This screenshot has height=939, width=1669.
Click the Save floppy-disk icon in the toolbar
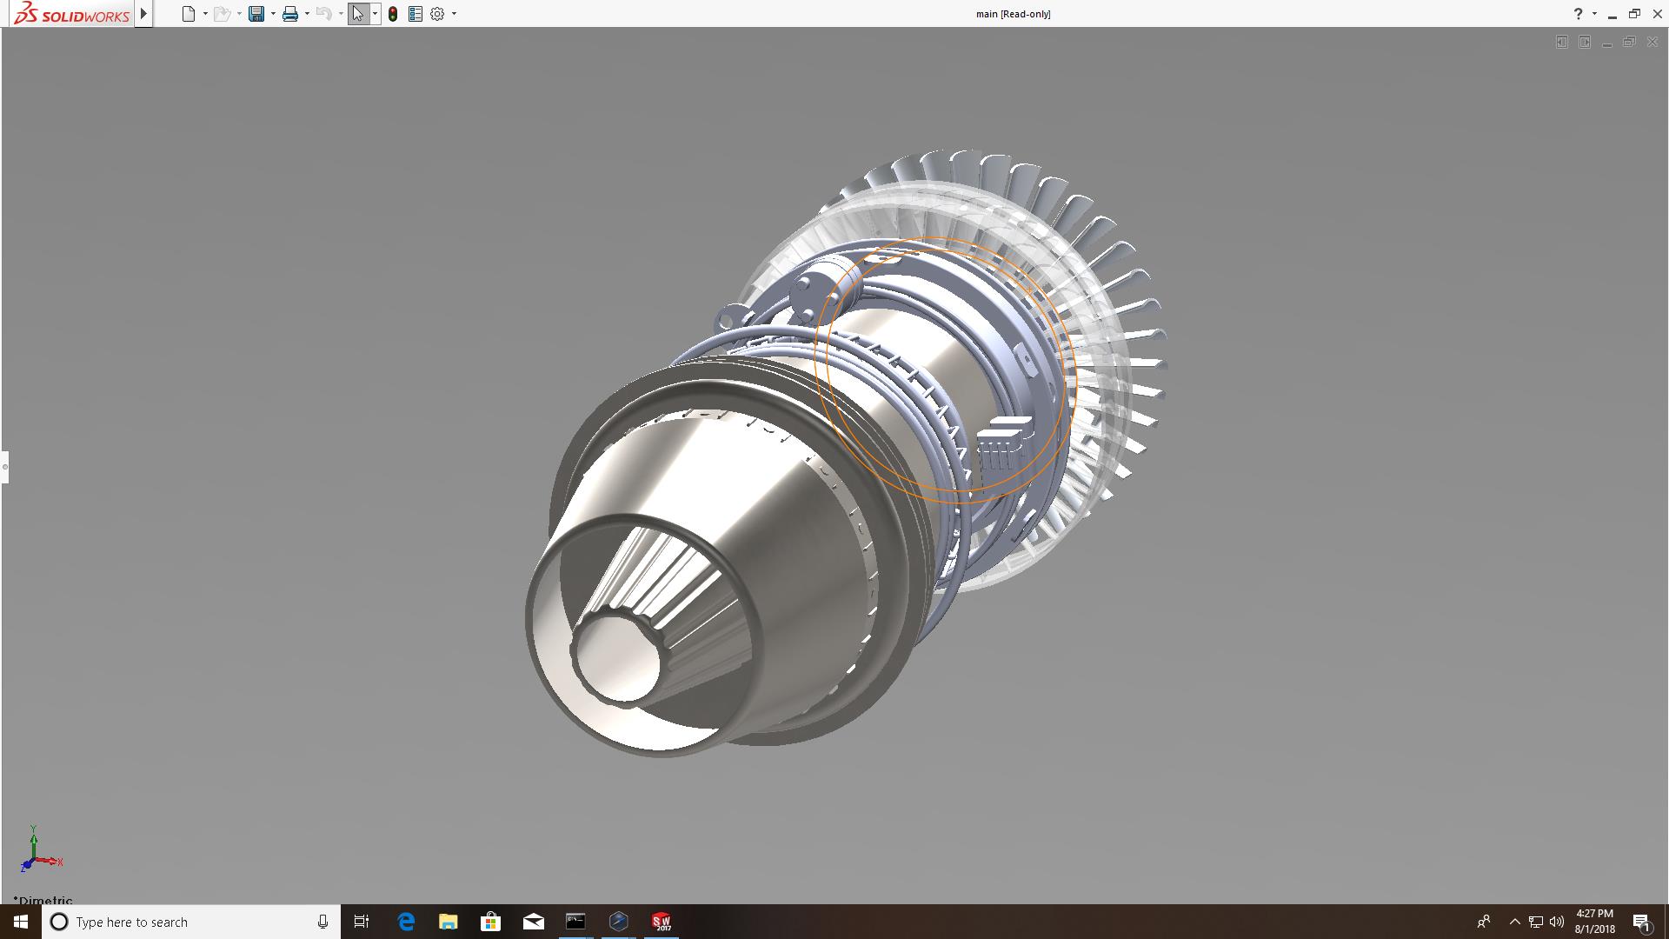click(256, 14)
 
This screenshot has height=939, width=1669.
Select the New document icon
click(189, 14)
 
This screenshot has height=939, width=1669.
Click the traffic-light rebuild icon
click(393, 14)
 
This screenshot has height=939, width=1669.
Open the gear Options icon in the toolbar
click(437, 14)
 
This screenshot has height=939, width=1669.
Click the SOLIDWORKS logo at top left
click(71, 14)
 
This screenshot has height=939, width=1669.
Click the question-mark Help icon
click(1578, 14)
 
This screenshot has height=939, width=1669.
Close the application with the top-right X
click(1657, 14)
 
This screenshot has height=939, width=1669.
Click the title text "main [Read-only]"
click(1013, 14)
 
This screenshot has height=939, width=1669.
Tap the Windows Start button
click(21, 922)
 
